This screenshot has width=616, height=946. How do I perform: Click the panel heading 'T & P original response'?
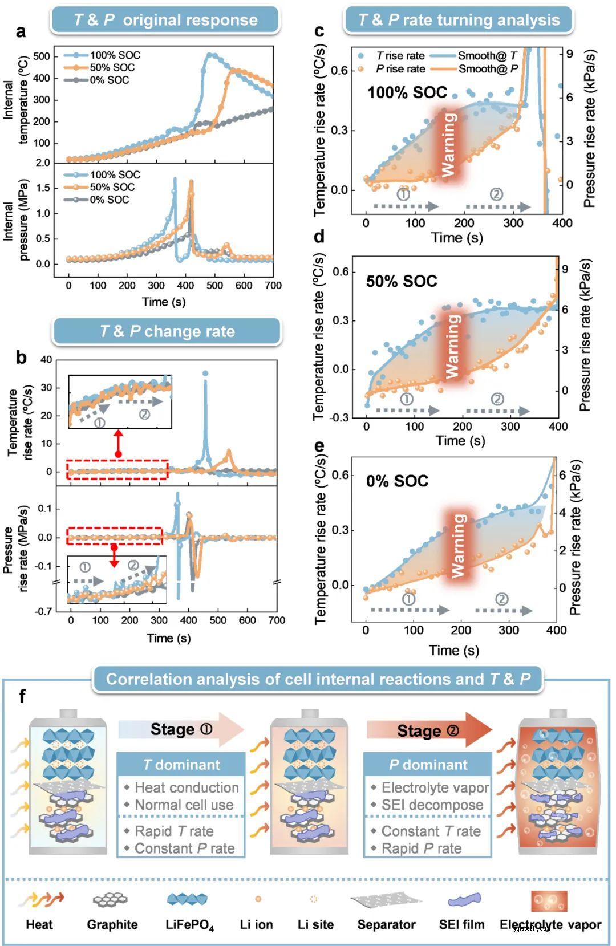(x=165, y=20)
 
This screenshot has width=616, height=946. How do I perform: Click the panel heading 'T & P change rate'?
(x=167, y=331)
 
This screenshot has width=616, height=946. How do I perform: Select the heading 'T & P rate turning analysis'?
(x=459, y=20)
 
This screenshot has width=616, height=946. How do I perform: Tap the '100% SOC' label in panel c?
(x=407, y=92)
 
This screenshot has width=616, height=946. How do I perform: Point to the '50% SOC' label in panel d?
(x=402, y=281)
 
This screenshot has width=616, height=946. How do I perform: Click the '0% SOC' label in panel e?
(x=397, y=481)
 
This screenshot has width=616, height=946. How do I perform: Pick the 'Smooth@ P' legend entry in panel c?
(x=488, y=69)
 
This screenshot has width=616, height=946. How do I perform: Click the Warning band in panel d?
(x=453, y=346)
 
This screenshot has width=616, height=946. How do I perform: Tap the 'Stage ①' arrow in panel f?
(x=181, y=730)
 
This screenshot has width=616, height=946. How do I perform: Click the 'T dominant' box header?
(x=181, y=765)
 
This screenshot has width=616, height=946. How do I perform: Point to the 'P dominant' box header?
(x=428, y=765)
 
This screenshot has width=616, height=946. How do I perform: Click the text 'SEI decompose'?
(x=432, y=805)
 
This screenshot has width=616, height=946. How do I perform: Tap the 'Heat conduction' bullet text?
(x=187, y=787)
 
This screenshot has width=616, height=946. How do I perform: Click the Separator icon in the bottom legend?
(x=386, y=900)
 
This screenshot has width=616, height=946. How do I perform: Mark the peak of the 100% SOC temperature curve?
(x=210, y=55)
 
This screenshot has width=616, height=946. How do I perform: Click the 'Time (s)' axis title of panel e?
(x=454, y=650)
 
